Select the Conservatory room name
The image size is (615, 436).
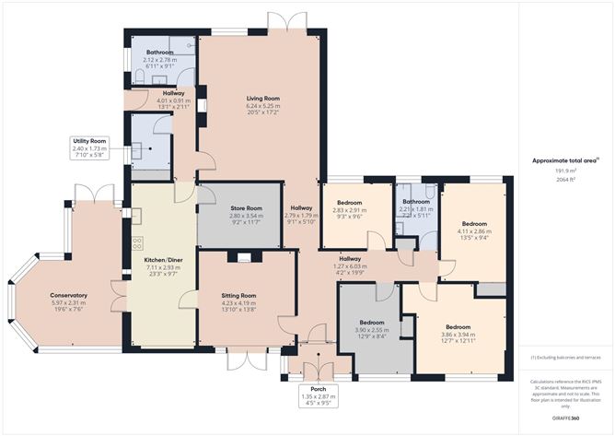tap(69, 295)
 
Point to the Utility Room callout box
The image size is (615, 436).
tap(89, 147)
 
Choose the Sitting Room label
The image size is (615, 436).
tap(240, 295)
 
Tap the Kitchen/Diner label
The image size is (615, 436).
tap(161, 259)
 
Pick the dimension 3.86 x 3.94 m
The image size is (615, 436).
tap(458, 336)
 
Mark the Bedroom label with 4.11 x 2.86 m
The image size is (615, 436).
tap(474, 224)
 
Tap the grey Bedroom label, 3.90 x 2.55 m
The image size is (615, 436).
tap(371, 322)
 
